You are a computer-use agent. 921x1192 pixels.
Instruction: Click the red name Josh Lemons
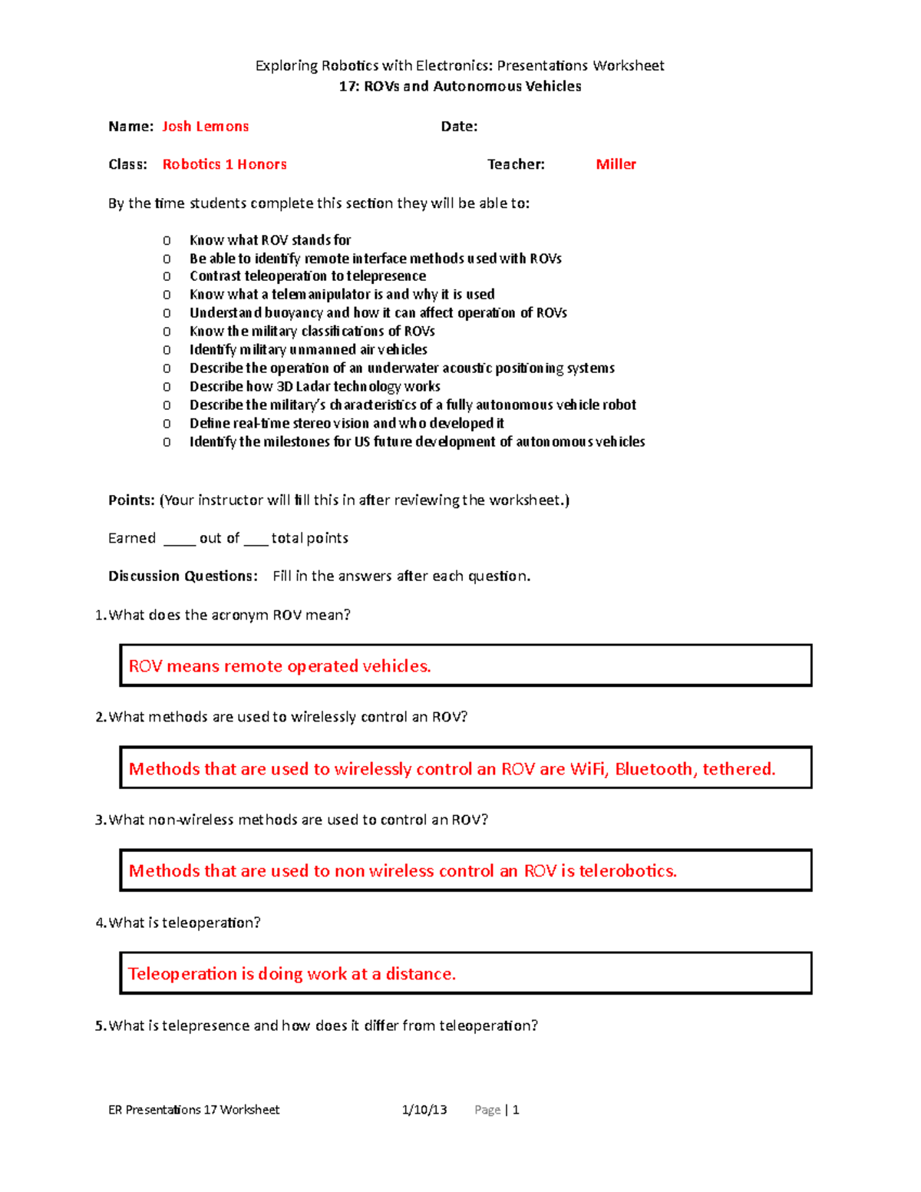point(205,127)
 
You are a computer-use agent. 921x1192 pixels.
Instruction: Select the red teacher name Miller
point(616,164)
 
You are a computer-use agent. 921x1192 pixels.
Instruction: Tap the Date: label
point(459,127)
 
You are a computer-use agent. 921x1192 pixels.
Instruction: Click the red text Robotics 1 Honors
point(224,164)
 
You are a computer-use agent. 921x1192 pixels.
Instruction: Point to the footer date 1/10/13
point(424,1110)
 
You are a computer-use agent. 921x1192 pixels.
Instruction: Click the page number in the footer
point(516,1110)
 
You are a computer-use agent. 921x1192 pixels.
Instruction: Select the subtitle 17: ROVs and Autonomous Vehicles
point(460,87)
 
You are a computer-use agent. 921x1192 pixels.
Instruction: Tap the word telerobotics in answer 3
point(627,871)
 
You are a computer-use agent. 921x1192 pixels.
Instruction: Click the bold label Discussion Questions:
point(183,576)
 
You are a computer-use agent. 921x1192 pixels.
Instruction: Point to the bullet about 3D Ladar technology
point(315,387)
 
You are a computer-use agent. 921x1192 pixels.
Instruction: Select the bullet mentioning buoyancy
point(378,313)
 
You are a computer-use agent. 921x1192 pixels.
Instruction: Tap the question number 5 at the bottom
point(100,1026)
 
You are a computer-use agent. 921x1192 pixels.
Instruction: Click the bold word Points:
point(131,500)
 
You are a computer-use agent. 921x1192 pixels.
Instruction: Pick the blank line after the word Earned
point(179,540)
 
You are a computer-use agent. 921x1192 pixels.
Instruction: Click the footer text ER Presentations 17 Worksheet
point(193,1110)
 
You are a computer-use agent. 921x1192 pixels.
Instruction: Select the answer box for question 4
point(465,973)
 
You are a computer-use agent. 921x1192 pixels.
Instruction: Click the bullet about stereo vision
point(346,424)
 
